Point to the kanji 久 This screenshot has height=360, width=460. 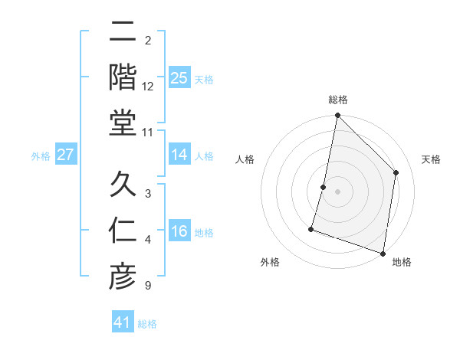tap(123, 185)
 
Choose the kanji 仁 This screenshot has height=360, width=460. tap(123, 231)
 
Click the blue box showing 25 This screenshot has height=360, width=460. tap(179, 77)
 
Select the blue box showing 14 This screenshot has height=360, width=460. tap(179, 155)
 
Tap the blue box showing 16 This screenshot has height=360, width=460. tap(179, 231)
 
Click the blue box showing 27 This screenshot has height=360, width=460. tap(65, 155)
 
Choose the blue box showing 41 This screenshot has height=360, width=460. tap(123, 322)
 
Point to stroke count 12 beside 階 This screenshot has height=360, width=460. tap(148, 87)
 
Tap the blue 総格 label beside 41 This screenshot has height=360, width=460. tap(147, 324)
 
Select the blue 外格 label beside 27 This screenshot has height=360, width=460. tap(41, 156)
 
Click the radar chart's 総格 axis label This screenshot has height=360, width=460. tap(337, 100)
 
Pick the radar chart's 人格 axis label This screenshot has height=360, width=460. tap(245, 159)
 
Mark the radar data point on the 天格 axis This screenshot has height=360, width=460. tap(396, 172)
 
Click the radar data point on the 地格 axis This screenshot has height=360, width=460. tap(383, 253)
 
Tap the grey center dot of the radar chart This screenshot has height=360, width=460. tap(337, 191)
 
